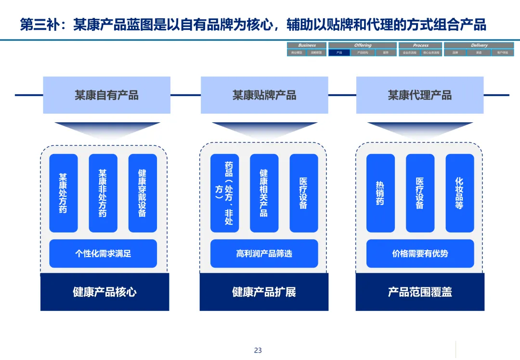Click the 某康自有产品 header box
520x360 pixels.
[x=106, y=95]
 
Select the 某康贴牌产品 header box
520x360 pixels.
[x=264, y=95]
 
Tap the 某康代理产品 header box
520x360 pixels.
[x=420, y=95]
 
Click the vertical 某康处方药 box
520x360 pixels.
[x=63, y=193]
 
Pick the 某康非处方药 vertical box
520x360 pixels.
[x=103, y=193]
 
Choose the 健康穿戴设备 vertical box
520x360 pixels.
[x=143, y=193]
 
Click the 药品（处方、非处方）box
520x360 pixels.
[x=224, y=193]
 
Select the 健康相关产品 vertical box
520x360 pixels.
[x=264, y=193]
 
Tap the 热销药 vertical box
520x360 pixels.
[x=380, y=193]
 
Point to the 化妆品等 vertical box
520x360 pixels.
[x=459, y=193]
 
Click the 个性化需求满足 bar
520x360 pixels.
[x=103, y=253]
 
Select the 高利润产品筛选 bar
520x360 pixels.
[x=264, y=253]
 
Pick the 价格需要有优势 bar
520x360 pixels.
[x=420, y=253]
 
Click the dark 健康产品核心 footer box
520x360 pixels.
[x=104, y=292]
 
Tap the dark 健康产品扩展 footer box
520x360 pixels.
[x=264, y=292]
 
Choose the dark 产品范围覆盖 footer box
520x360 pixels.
[x=420, y=292]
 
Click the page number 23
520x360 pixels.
[x=258, y=350]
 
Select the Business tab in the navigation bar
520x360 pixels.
[x=307, y=45]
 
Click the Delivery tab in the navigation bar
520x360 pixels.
[x=479, y=45]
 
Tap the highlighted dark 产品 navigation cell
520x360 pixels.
[x=339, y=52]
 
